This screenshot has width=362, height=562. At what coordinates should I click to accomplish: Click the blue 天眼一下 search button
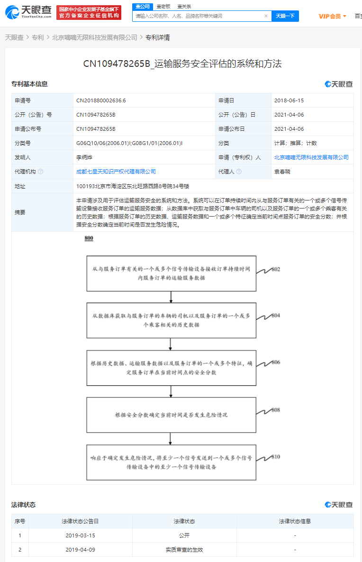coord(285,16)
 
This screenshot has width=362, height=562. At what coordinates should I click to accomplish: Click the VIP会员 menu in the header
coord(332,16)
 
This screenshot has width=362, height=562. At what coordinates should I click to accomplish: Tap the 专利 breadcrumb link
coord(38,37)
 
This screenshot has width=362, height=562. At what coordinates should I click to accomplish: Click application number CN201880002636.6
coord(101,100)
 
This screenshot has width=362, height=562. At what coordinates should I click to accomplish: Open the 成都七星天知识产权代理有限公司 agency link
coord(116,172)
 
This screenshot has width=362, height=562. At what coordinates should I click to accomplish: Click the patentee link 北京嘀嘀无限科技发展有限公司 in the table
coord(311,157)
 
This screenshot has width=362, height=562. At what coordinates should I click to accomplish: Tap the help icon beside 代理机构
coord(40,172)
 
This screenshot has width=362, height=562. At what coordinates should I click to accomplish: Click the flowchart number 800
coord(89,238)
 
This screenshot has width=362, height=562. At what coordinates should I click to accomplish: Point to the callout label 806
coord(276,363)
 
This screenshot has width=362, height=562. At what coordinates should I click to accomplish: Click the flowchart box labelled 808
coord(171,415)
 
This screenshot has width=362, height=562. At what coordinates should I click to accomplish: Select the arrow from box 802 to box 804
coord(171,297)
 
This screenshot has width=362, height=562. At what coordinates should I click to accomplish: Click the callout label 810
coord(276,457)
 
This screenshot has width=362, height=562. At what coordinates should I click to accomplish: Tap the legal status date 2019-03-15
coord(80,535)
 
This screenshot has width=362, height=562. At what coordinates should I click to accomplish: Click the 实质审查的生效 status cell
coord(184,550)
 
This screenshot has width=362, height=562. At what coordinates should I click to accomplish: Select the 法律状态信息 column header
coord(295,521)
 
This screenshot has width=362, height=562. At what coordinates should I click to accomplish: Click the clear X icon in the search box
coord(266,16)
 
